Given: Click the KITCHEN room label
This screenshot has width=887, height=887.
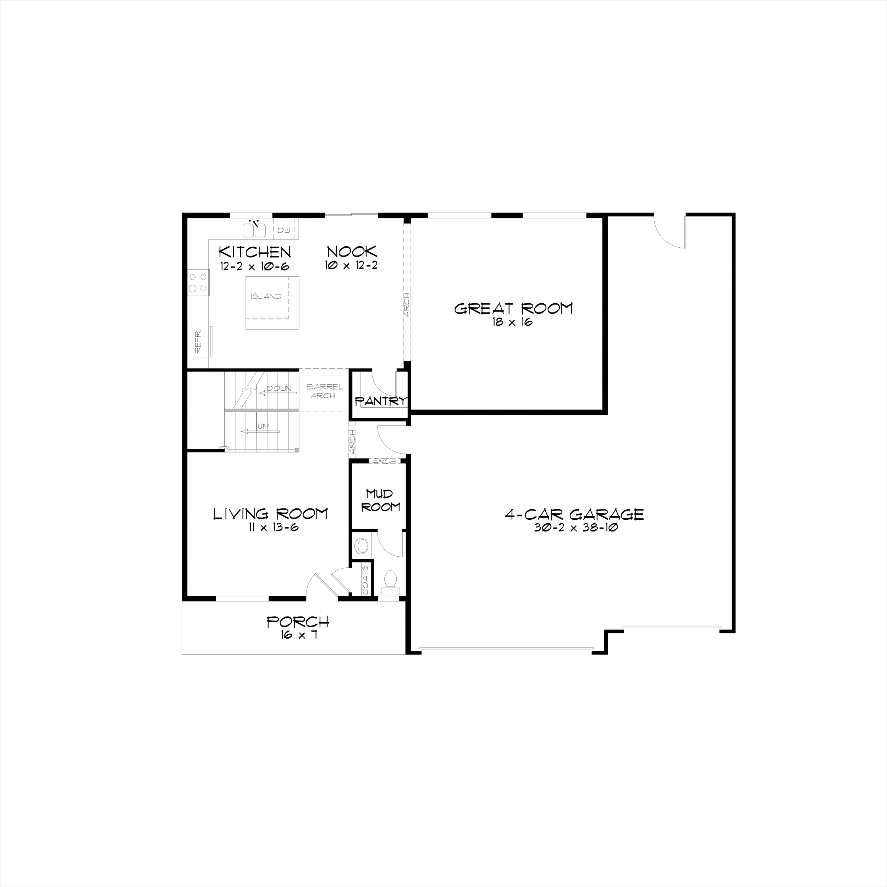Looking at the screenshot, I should pos(255,252).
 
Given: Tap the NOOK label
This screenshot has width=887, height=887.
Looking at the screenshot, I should pos(352,252).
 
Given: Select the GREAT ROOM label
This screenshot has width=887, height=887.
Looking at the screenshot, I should pos(513,309).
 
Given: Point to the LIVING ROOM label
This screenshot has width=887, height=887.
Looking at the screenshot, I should pos(271,514).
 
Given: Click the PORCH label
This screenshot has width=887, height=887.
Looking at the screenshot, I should pos(298,622).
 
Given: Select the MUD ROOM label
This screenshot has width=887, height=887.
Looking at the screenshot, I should pos(380,500).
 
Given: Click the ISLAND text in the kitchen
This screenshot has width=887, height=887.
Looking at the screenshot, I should pos(266,297).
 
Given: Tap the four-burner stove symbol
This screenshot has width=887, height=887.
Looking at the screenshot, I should pos(198,283).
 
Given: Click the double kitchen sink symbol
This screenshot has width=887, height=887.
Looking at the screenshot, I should pos(254,229).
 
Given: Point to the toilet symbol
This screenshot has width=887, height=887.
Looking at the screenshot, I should pos(391,581).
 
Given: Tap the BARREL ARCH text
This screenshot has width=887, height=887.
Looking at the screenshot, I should pos(324,391).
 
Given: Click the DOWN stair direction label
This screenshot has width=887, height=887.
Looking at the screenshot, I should pos(279,389).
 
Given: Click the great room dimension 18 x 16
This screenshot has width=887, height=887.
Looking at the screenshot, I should pos(512,322).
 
